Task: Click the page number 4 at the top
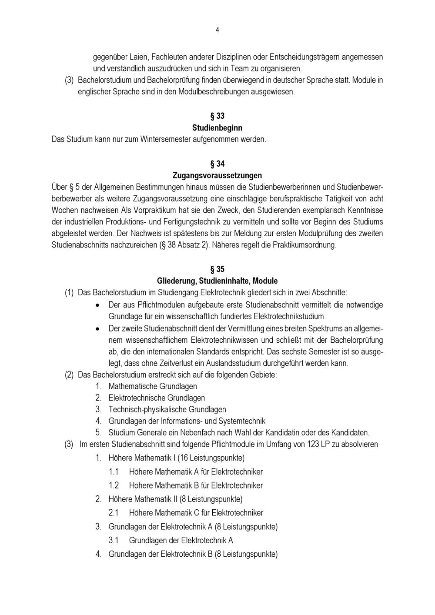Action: point(217,30)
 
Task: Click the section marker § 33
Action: point(217,116)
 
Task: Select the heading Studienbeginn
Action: point(217,128)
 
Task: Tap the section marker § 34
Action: point(217,164)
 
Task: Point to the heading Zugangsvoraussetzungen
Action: point(217,176)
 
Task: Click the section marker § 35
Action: point(217,269)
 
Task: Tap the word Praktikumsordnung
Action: point(304,245)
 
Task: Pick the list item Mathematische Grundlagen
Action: point(152,386)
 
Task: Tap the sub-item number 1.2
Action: point(114,485)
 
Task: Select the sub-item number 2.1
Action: point(114,513)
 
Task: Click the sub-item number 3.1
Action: point(114,540)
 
